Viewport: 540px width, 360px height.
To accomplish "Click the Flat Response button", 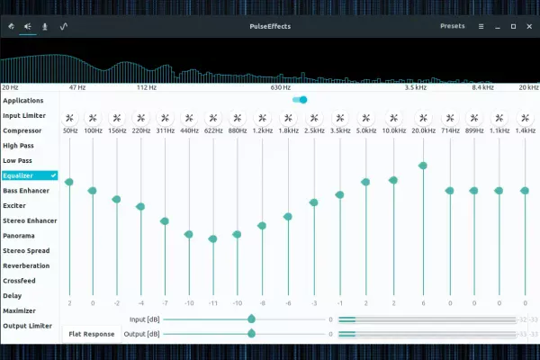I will click(x=92, y=334).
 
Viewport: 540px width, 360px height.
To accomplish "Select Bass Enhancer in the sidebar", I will click(x=26, y=191).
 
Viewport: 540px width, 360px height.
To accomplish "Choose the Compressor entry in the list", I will click(x=22, y=130).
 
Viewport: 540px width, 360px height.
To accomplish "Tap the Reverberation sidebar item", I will click(x=26, y=265).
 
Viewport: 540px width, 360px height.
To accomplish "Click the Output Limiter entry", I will click(x=27, y=325).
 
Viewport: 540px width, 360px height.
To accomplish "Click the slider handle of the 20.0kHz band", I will click(x=422, y=166).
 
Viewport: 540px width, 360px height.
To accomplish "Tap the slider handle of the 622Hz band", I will click(x=213, y=238).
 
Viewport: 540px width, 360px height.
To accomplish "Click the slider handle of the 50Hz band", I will click(x=69, y=183).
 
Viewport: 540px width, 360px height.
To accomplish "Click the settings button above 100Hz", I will click(x=93, y=118).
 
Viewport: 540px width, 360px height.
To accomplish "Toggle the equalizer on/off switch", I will click(x=300, y=100).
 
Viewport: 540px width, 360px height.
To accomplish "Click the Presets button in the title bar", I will click(x=452, y=26).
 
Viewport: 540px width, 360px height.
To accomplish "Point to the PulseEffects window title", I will click(x=270, y=26).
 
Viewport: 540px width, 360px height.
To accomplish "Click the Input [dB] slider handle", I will click(x=251, y=319).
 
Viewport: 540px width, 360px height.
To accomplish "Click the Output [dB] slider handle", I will click(x=251, y=333).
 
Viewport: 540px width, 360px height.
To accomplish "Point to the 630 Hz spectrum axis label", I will click(x=280, y=88).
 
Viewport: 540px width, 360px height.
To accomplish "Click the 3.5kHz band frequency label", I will click(x=339, y=131).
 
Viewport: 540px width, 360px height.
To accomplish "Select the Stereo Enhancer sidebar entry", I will click(x=29, y=220).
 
